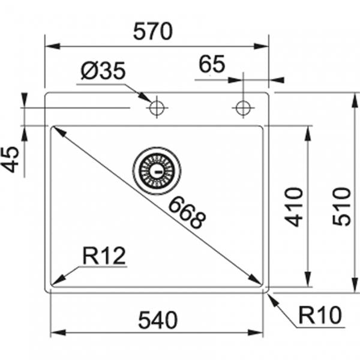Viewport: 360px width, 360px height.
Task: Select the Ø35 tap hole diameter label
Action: (103, 72)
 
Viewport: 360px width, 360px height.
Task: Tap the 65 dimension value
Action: (212, 64)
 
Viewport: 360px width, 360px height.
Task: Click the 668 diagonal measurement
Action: (187, 212)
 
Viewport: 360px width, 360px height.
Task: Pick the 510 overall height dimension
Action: (343, 207)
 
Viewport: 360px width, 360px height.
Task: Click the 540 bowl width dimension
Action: (158, 320)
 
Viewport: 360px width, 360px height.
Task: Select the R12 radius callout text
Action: (104, 256)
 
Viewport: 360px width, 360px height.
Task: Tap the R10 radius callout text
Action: (319, 314)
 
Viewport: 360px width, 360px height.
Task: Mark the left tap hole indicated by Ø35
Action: (157, 109)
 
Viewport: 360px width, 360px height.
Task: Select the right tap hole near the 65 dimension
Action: (242, 109)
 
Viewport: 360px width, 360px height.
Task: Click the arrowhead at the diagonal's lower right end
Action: (256, 280)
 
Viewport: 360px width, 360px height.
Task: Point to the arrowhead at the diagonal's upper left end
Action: (58, 131)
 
